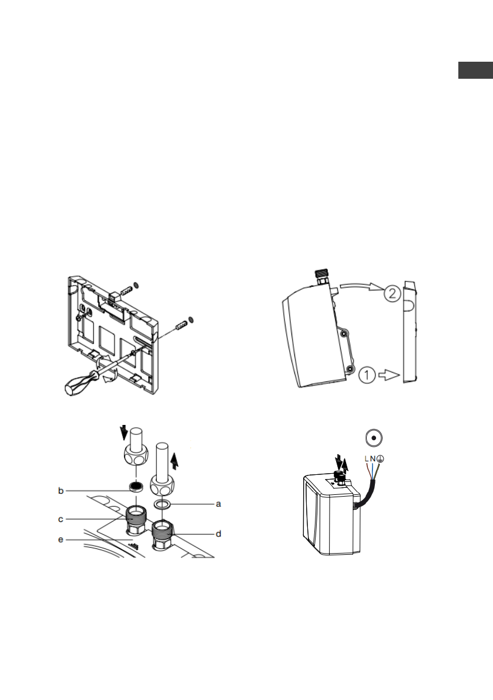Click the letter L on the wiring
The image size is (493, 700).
coord(366,459)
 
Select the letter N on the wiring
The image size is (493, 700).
coord(373,459)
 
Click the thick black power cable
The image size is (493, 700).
coord(367,498)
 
